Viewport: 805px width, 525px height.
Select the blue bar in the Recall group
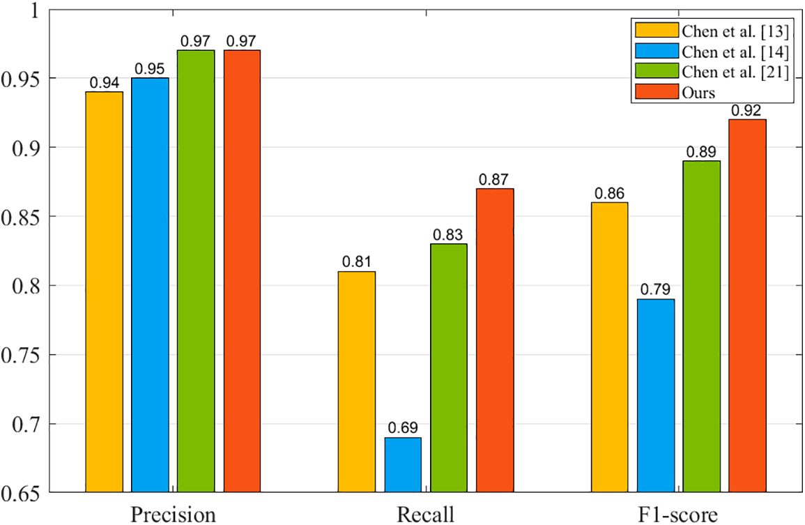pyautogui.click(x=403, y=465)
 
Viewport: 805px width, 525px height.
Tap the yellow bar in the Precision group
pyautogui.click(x=104, y=292)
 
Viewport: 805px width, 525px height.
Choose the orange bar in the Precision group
pyautogui.click(x=242, y=271)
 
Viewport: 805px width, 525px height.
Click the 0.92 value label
pyautogui.click(x=746, y=110)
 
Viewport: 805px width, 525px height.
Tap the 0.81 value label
pyautogui.click(x=357, y=262)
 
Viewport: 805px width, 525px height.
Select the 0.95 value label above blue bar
pyautogui.click(x=150, y=68)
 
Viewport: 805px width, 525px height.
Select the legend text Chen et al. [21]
pyautogui.click(x=735, y=72)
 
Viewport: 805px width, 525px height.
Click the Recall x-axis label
pyautogui.click(x=426, y=515)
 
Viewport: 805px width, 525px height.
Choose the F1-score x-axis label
pyautogui.click(x=679, y=515)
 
